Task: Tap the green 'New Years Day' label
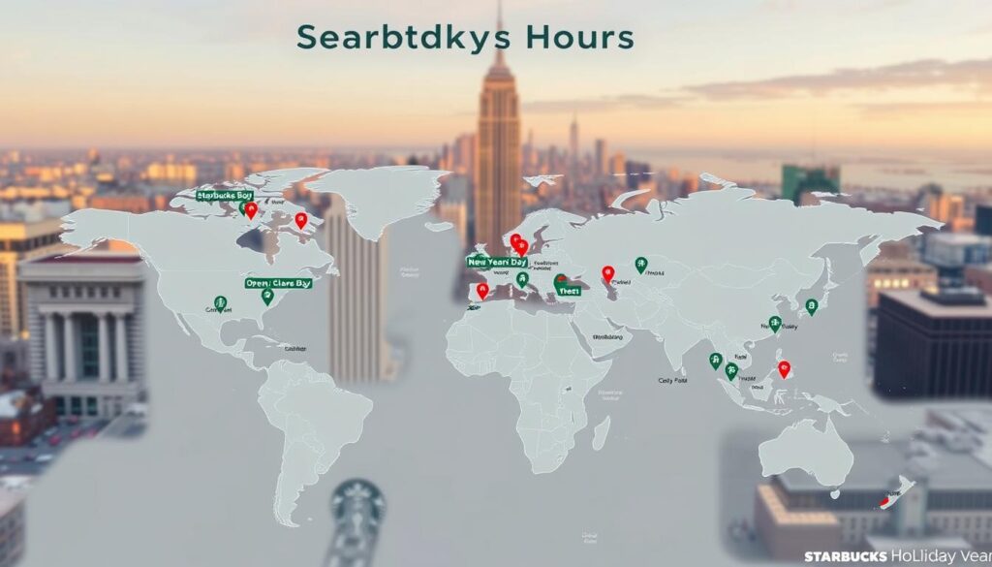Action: pyautogui.click(x=497, y=262)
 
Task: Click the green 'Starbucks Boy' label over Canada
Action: pyautogui.click(x=224, y=196)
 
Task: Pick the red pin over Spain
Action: pyautogui.click(x=482, y=289)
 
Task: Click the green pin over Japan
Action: pyautogui.click(x=812, y=305)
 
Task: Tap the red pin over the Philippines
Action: pyautogui.click(x=784, y=368)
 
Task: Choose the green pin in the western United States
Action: pyautogui.click(x=220, y=303)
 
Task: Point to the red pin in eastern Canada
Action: pyautogui.click(x=301, y=220)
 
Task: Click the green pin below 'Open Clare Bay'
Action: pyautogui.click(x=267, y=296)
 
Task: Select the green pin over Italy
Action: pyautogui.click(x=522, y=279)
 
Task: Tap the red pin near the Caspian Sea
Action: pyautogui.click(x=607, y=273)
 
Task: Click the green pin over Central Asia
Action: pyautogui.click(x=640, y=264)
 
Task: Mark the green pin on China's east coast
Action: pyautogui.click(x=774, y=323)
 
